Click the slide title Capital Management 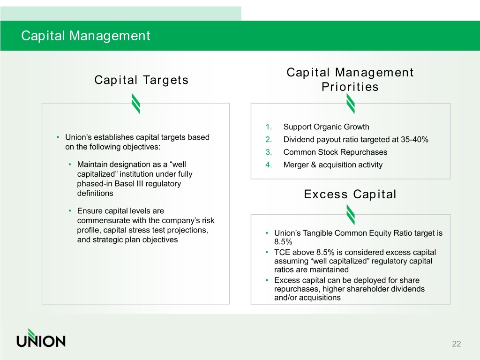pyautogui.click(x=86, y=36)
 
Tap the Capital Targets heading pyautogui.click(x=142, y=80)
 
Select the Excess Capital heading pyautogui.click(x=350, y=195)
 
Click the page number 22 pyautogui.click(x=457, y=344)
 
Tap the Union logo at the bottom pyautogui.click(x=41, y=338)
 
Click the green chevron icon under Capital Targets pyautogui.click(x=136, y=104)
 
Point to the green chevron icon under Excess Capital pyautogui.click(x=351, y=215)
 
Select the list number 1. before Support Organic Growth pyautogui.click(x=269, y=127)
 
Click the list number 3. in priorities pyautogui.click(x=269, y=152)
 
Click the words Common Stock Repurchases pyautogui.click(x=335, y=152)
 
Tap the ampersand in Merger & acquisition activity pyautogui.click(x=314, y=165)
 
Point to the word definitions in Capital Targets pyautogui.click(x=95, y=194)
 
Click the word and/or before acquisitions pyautogui.click(x=285, y=298)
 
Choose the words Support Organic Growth pyautogui.click(x=326, y=127)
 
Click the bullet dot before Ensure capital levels pyautogui.click(x=70, y=211)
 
